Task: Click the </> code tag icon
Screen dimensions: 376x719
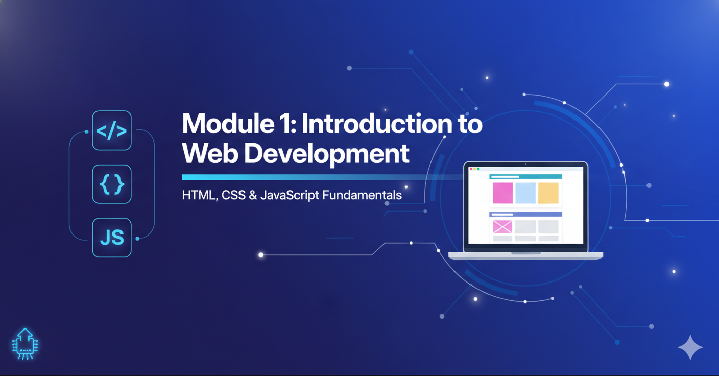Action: coord(112,131)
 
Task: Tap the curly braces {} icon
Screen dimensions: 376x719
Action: coord(112,184)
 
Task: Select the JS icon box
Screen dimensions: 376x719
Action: coord(112,238)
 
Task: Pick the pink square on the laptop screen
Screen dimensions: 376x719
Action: coord(502,193)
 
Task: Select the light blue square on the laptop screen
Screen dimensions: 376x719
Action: coord(525,193)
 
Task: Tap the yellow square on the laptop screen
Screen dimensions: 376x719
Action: coord(548,193)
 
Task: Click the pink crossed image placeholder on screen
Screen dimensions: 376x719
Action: coord(502,226)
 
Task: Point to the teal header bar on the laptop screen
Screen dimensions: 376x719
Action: coord(525,176)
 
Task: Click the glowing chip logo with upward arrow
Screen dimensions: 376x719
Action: coord(25,343)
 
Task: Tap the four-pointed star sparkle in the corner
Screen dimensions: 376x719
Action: coord(690,347)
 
